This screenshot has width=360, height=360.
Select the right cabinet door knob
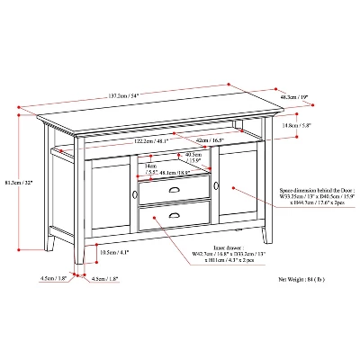click(216, 186)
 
